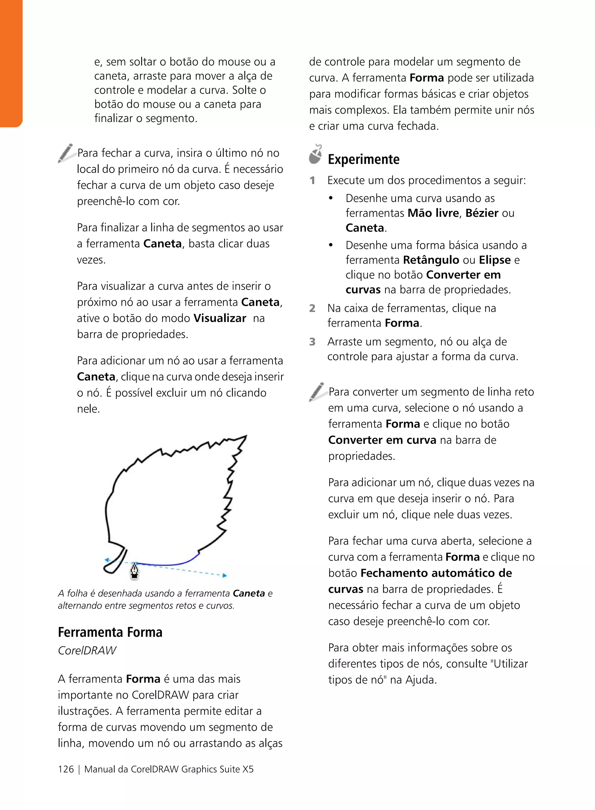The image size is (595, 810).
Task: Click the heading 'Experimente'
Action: [363, 159]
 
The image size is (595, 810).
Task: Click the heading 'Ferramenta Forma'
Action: [110, 632]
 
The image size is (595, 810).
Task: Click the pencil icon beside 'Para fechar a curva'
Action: [66, 153]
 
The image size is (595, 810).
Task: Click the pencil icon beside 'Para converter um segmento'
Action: [317, 392]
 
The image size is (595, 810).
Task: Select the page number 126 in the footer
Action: [66, 769]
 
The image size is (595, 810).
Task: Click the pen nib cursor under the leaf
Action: [134, 571]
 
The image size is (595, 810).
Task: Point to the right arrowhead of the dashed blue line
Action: [225, 575]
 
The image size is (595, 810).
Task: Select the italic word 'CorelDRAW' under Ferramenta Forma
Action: [87, 650]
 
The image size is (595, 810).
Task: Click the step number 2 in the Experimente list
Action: [312, 308]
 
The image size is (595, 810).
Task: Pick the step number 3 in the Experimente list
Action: [312, 341]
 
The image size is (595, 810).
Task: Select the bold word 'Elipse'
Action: [494, 260]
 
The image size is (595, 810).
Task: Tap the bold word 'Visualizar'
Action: [220, 318]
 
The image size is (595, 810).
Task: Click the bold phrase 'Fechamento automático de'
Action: [436, 573]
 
